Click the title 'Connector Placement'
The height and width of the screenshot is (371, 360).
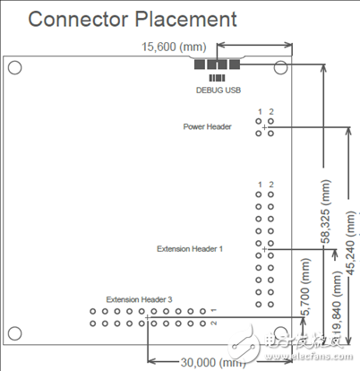pyautogui.click(x=133, y=19)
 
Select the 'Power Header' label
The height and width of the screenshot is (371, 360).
pyautogui.click(x=208, y=127)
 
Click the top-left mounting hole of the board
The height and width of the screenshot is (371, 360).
pyautogui.click(x=15, y=67)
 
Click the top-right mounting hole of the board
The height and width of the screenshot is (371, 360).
pyautogui.click(x=281, y=67)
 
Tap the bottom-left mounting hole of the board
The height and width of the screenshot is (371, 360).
pyautogui.click(x=15, y=334)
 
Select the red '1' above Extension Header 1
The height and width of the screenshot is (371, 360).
pyautogui.click(x=259, y=185)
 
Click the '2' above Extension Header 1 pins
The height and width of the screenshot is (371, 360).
pyautogui.click(x=270, y=185)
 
